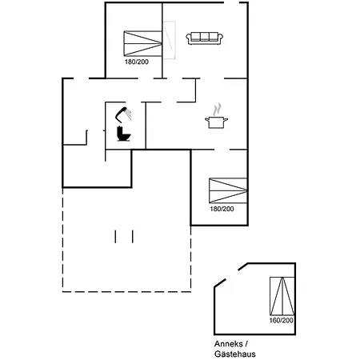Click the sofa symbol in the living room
205,38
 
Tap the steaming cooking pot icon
216,116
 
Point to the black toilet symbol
123,134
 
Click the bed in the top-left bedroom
142,43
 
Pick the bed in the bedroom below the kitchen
228,190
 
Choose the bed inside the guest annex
282,296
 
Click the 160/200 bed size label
281,320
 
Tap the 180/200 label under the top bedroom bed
137,62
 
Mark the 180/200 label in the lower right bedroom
222,209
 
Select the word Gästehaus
235,354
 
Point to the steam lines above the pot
217,110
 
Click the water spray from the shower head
129,114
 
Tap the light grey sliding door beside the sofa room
169,40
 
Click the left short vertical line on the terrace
115,237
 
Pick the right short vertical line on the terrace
133,237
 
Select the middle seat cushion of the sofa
205,37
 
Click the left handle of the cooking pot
207,120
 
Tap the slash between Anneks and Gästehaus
246,344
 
